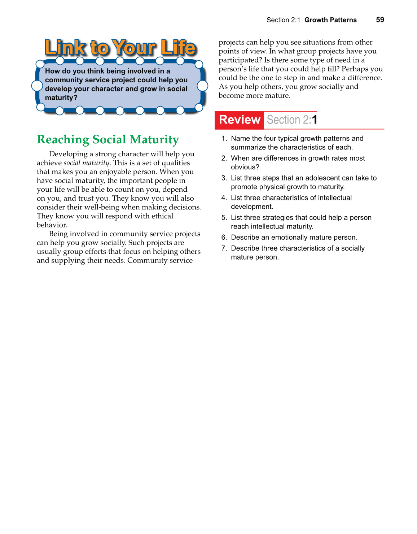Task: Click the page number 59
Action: tap(380, 20)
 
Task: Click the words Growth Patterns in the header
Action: tap(330, 20)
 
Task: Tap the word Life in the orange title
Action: tap(179, 48)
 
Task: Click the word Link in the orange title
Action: tap(65, 48)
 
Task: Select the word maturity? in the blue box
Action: tap(61, 98)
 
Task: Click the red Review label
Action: tap(240, 120)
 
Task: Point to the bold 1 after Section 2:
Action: tap(315, 120)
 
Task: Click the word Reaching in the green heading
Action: tap(63, 140)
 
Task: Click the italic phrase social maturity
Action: tap(86, 163)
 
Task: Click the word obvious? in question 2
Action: tap(245, 167)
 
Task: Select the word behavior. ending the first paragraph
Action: tap(52, 225)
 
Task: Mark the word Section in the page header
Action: tap(277, 20)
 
